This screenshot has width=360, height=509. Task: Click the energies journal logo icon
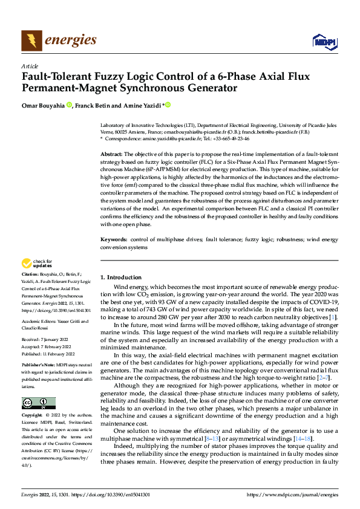29,40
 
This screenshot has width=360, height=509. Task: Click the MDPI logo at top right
322,41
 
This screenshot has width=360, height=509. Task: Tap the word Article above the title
30,66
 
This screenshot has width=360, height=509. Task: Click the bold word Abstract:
111,155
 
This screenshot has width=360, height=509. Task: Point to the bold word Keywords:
114,240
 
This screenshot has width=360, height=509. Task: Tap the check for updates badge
37,263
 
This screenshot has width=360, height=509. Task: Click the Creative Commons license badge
38,403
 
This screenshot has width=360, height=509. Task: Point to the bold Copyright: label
33,416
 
